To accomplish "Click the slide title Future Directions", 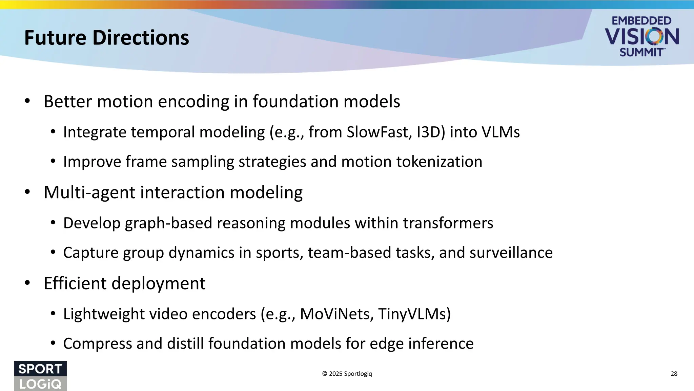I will (106, 38).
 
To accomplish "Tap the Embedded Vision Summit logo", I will (641, 36).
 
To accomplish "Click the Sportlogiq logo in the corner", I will (40, 376).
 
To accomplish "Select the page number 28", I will (674, 374).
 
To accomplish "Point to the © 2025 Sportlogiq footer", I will (347, 374).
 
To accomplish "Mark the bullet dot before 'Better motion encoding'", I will (27, 101).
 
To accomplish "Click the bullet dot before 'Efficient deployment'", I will (27, 283).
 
